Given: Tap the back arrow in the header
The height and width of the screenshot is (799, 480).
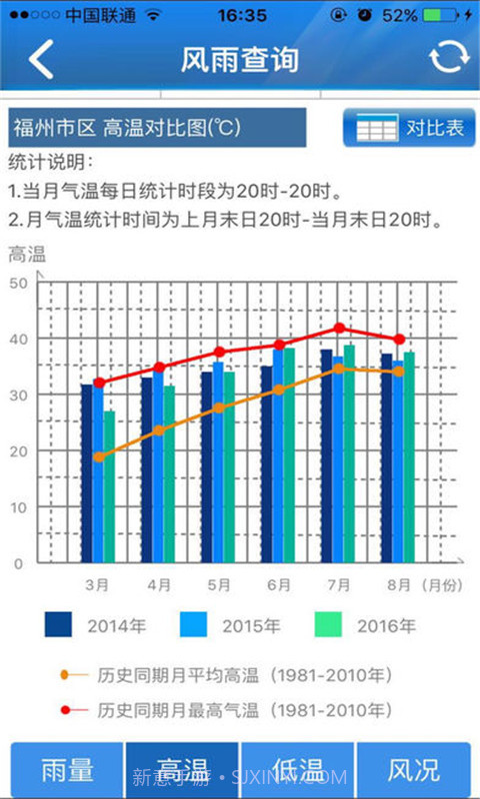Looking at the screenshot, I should [x=41, y=59].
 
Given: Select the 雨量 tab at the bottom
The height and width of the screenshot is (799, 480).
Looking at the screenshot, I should [x=68, y=770].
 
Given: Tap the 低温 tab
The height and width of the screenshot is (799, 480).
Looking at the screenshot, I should [x=298, y=770].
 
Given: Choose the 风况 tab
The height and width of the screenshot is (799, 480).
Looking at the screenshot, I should [x=413, y=770].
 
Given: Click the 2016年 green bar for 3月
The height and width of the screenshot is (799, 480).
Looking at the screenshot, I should [x=110, y=486].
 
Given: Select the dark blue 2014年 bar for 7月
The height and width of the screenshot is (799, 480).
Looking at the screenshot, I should [x=326, y=455].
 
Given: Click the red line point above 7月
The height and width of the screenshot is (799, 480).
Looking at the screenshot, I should [x=339, y=329].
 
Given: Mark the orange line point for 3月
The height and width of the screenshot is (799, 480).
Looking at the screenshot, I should [x=98, y=456].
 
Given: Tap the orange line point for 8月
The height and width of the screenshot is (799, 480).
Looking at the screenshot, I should [x=399, y=372].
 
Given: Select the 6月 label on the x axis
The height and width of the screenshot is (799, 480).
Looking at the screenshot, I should [x=278, y=584].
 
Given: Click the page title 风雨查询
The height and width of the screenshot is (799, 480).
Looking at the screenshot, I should [x=240, y=59].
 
